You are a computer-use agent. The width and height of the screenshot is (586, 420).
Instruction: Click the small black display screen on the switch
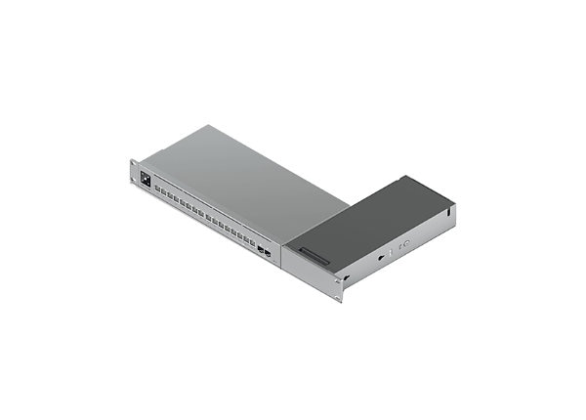click(146, 180)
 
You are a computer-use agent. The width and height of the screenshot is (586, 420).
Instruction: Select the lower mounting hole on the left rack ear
click(134, 181)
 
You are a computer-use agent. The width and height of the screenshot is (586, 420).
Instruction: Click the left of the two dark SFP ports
click(261, 249)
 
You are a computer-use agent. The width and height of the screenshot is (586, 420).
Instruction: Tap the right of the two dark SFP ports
click(269, 253)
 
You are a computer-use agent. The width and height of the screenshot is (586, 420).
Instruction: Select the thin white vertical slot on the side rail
click(392, 252)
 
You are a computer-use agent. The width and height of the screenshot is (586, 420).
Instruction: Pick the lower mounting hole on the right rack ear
click(340, 295)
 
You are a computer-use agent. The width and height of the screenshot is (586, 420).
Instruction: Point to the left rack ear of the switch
click(134, 174)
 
